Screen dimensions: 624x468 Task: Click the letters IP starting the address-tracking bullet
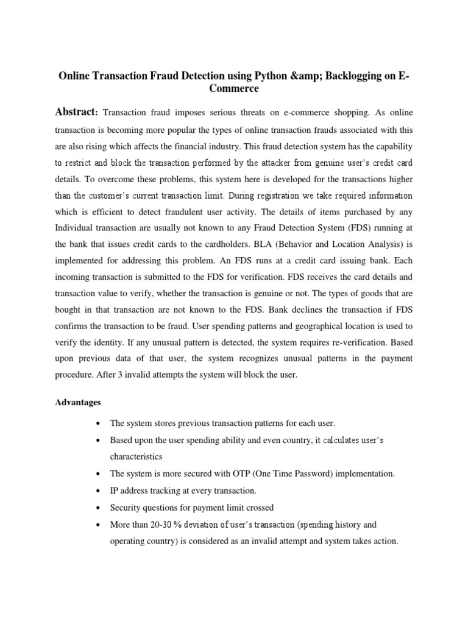(114, 490)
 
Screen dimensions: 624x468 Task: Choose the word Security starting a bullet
(124, 507)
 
